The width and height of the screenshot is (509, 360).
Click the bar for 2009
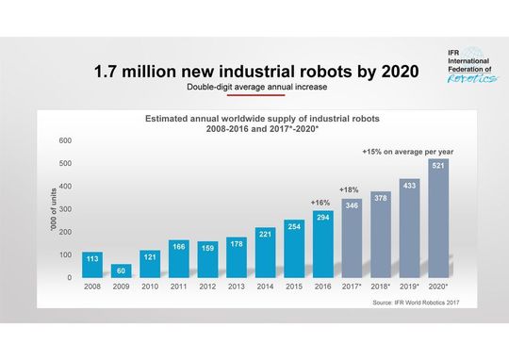tap(122, 270)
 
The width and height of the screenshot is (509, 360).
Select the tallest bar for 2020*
tap(437, 219)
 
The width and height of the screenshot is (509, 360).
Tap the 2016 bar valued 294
tap(323, 244)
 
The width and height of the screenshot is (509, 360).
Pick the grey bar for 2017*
tap(352, 238)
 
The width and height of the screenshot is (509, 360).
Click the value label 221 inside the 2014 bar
tap(265, 234)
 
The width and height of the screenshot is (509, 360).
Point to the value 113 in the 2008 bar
tap(92, 258)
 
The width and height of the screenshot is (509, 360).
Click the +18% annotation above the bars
tap(349, 189)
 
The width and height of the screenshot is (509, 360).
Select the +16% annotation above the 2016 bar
tap(320, 203)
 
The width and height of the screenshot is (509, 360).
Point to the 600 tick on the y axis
tap(65, 140)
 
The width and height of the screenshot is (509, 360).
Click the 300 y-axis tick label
tap(65, 209)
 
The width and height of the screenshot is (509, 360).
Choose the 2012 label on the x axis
tap(207, 286)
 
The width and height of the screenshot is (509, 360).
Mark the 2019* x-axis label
tap(409, 286)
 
